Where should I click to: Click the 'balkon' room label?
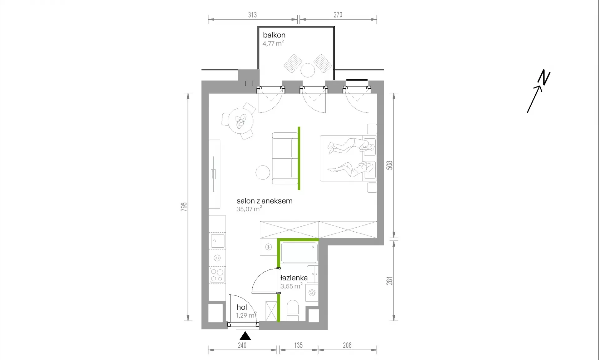coord(274,35)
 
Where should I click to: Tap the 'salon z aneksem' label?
coord(265,201)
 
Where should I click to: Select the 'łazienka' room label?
coord(294,278)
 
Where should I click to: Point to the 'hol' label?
coord(242,307)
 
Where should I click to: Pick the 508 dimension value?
coord(389,165)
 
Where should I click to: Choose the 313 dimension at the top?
coord(252,15)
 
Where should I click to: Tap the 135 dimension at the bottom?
coord(298,345)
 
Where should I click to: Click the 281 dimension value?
coord(389,281)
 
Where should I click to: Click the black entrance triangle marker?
coord(245,336)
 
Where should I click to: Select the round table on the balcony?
coord(308,70)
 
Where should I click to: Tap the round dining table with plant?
coord(241,121)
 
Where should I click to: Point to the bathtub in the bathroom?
coord(299,253)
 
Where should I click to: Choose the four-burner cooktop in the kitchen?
coord(217,275)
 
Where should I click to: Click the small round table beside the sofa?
coord(263,172)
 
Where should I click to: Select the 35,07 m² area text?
coord(249,209)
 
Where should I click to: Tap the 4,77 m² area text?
coord(273,43)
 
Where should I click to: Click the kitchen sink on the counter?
coord(217,241)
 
